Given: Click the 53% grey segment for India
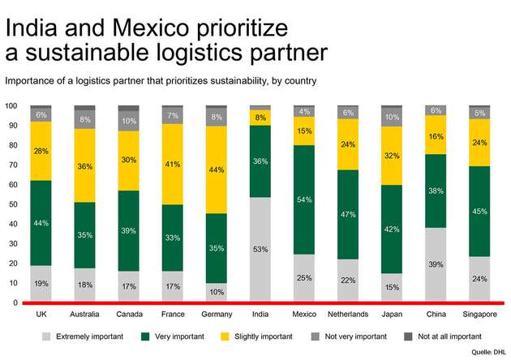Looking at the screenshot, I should tap(260, 250).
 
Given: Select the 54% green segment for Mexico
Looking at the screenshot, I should tap(304, 199).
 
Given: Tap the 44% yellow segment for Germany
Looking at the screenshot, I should tap(217, 169).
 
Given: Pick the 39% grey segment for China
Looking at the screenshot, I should tap(436, 264).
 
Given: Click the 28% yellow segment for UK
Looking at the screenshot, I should tap(41, 151).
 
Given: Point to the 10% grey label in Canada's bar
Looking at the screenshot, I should tap(128, 121).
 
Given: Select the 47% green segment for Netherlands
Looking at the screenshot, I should tap(348, 214).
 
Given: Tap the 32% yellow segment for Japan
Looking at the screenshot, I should tap(392, 155).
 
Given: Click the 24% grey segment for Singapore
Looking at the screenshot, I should tap(479, 279).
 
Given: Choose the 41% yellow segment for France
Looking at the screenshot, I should tap(172, 164).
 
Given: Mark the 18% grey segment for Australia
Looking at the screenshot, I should tap(84, 285).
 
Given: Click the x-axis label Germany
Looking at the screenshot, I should tap(217, 314).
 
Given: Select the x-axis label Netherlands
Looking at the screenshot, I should tap(348, 314).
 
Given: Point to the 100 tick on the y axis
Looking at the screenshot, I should tap(11, 106).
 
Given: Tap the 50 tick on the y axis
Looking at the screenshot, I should tap(14, 204).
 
